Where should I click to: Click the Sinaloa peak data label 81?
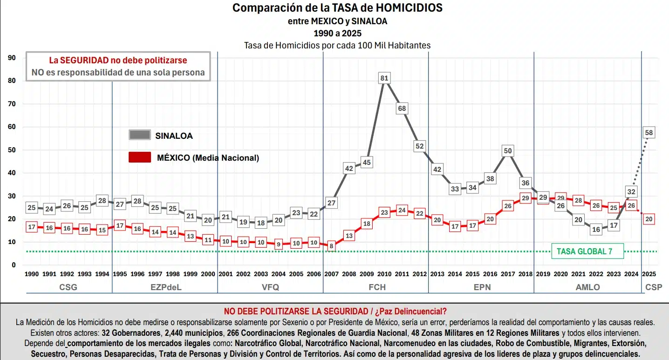(384, 78)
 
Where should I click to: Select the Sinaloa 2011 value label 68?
(402, 109)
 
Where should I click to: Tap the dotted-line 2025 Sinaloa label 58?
(649, 133)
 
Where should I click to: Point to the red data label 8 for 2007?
(331, 246)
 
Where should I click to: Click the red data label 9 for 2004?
(278, 244)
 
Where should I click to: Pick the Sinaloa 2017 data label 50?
(508, 151)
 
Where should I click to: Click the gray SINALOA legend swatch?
(139, 135)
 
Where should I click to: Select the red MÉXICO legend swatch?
(139, 157)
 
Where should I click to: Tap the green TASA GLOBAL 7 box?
(587, 251)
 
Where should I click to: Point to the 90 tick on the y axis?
(12, 58)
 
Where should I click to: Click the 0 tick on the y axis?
(14, 265)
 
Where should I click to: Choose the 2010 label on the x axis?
(384, 274)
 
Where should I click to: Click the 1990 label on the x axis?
(31, 274)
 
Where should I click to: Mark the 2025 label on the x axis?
(649, 274)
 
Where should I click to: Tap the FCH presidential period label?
(377, 287)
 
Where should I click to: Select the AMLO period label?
(587, 287)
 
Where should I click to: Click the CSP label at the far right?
(654, 287)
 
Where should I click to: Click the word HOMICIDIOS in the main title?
(409, 8)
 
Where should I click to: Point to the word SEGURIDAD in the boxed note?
(84, 60)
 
